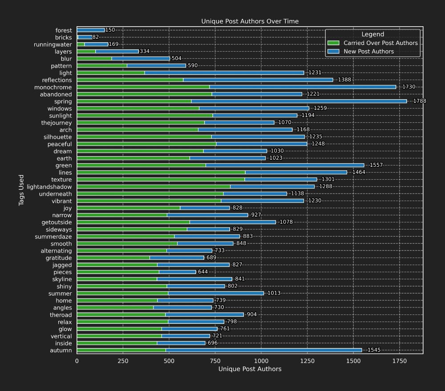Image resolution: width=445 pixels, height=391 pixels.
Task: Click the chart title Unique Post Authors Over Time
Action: [x=250, y=21]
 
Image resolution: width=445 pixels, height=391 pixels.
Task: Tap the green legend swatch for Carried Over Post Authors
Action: [x=333, y=43]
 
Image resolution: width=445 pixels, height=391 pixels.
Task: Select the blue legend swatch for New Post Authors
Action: [x=333, y=52]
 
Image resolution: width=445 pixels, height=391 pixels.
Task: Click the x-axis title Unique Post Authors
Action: [x=250, y=369]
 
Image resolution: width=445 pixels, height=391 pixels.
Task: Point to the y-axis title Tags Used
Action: [x=21, y=190]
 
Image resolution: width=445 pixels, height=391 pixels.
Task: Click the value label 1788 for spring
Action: [x=419, y=101]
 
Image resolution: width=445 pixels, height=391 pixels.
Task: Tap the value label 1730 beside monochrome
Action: [x=409, y=87]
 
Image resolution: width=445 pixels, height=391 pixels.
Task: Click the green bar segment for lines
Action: [x=161, y=173]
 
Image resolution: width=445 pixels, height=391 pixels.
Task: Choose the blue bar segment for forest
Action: [x=91, y=30]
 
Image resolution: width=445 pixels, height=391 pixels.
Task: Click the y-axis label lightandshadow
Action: [x=49, y=187]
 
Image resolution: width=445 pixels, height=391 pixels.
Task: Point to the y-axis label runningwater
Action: [x=53, y=44]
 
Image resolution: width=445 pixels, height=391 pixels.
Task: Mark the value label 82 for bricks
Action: [x=96, y=37]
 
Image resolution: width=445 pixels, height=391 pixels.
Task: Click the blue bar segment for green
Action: [x=285, y=165]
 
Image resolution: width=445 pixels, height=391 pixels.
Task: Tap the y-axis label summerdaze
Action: [x=53, y=237]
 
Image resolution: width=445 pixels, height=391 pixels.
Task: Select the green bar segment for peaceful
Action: [x=146, y=144]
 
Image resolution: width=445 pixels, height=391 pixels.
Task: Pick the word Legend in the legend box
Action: [x=372, y=34]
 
